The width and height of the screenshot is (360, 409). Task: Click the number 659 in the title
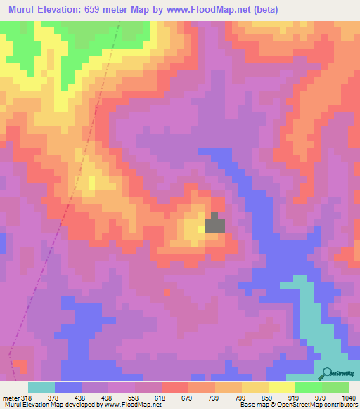click(x=114, y=10)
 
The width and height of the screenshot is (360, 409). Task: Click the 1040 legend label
click(x=349, y=397)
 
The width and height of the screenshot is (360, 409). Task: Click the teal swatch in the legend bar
click(x=41, y=387)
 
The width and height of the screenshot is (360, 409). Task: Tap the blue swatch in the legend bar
click(x=68, y=387)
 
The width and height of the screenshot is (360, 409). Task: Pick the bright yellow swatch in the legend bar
click(x=282, y=387)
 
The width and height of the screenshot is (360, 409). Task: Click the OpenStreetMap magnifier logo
click(x=326, y=374)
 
